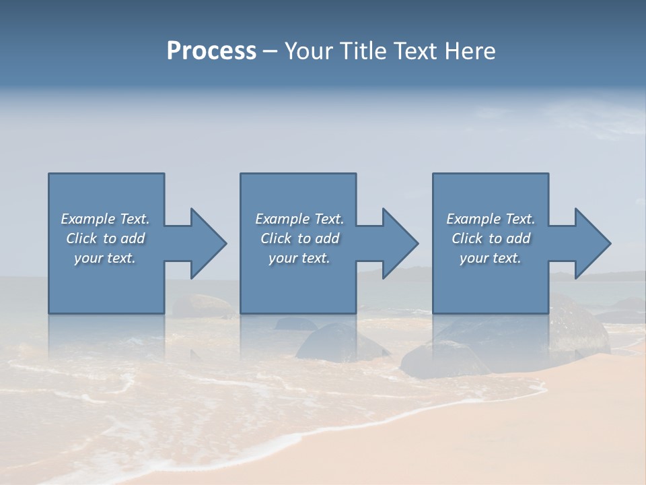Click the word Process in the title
211,51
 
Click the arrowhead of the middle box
404,243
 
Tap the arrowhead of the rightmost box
596,243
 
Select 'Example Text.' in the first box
105,219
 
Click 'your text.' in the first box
105,258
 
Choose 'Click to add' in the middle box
299,238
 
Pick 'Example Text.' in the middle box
299,219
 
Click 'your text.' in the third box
491,258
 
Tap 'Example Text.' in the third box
491,219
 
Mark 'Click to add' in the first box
105,238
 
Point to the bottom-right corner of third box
548,313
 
